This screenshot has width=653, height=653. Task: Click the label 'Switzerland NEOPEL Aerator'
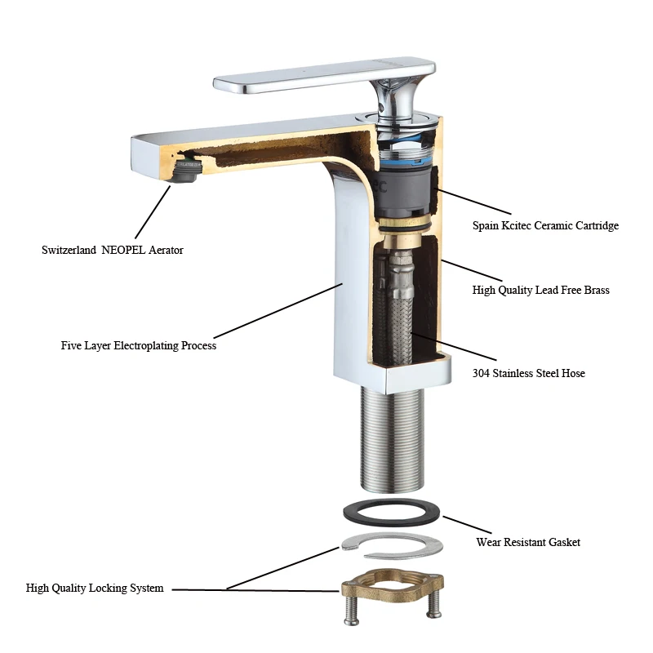coord(113,250)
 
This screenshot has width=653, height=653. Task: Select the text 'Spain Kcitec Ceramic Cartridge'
coord(545,225)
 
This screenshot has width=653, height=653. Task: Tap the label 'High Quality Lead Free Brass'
coord(540,290)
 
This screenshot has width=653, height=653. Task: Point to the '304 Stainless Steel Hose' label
coord(528,373)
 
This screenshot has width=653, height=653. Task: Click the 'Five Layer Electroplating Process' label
coord(139,345)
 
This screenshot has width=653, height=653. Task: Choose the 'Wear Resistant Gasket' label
coord(528,542)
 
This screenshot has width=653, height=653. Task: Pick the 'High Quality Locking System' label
coord(95,588)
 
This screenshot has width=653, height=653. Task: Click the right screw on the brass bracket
coord(433,605)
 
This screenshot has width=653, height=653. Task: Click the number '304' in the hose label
coord(482,373)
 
